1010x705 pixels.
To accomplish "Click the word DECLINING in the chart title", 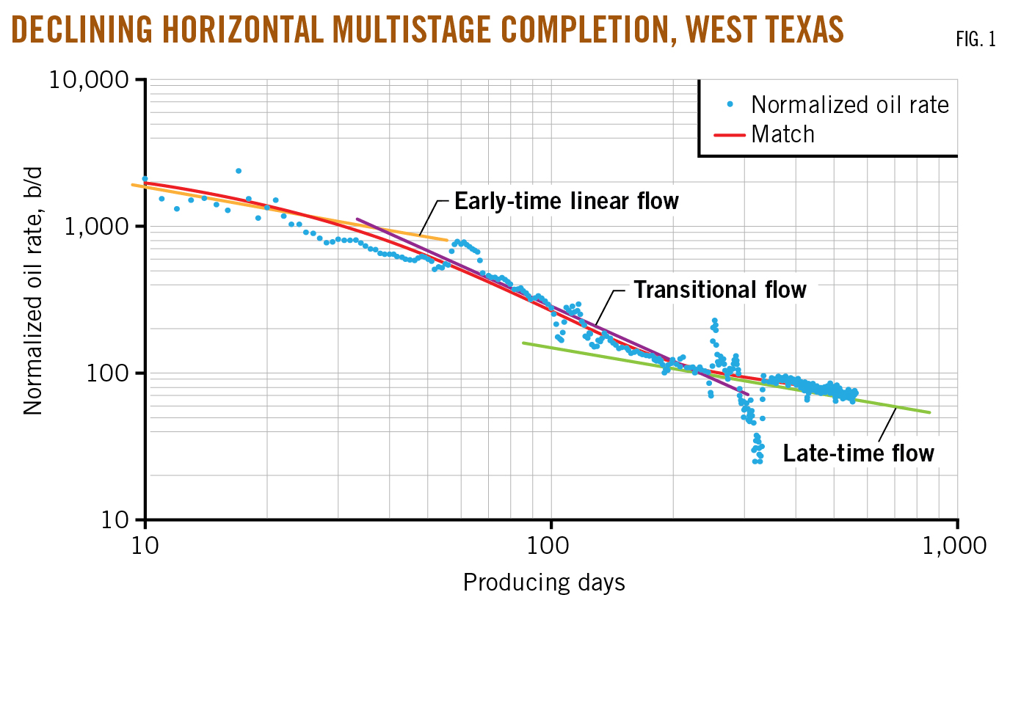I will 82,30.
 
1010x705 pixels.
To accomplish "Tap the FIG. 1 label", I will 976,40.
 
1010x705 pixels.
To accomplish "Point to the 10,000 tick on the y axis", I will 89,79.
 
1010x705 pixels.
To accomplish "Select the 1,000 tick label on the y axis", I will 96,226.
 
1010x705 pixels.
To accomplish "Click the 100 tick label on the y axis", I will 107,373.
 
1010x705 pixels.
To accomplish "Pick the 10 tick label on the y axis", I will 115,519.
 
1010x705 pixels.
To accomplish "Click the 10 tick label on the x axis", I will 145,545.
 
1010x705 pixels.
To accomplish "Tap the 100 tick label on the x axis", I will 551,545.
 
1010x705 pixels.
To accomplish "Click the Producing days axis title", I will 544,582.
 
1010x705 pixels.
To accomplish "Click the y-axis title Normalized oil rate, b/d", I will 33,291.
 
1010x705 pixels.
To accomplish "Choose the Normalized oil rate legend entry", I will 849,105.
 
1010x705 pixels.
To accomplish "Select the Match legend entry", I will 782,134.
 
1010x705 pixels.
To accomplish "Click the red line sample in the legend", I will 730,135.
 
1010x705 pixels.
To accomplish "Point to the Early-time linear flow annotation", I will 566,201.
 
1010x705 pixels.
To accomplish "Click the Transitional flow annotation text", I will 719,290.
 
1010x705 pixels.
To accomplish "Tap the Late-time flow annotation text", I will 858,453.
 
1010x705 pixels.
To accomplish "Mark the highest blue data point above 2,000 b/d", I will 239,171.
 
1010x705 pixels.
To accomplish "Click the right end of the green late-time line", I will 929,412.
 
